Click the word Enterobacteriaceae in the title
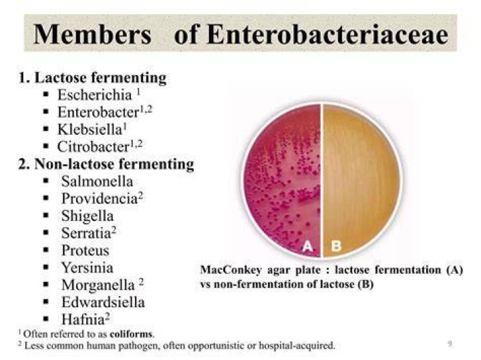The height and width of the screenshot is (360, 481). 328,34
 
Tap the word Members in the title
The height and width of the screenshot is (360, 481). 92,34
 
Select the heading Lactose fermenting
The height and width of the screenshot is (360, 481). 100,78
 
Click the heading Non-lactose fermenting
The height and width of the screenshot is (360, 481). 114,164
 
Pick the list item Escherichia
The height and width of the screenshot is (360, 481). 95,95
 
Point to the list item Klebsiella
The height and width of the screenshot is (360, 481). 90,129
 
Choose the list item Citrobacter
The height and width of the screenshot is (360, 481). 94,146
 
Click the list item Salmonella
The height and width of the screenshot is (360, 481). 98,181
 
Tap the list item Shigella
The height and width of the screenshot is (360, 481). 88,216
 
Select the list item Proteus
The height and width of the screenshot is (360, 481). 86,250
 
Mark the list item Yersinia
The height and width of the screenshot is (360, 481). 88,267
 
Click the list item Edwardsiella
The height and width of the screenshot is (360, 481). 103,302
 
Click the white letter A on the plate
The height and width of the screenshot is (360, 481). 308,246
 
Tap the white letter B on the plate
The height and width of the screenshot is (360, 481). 336,246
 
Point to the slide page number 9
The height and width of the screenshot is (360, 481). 450,344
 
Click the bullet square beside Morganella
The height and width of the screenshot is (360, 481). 46,285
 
